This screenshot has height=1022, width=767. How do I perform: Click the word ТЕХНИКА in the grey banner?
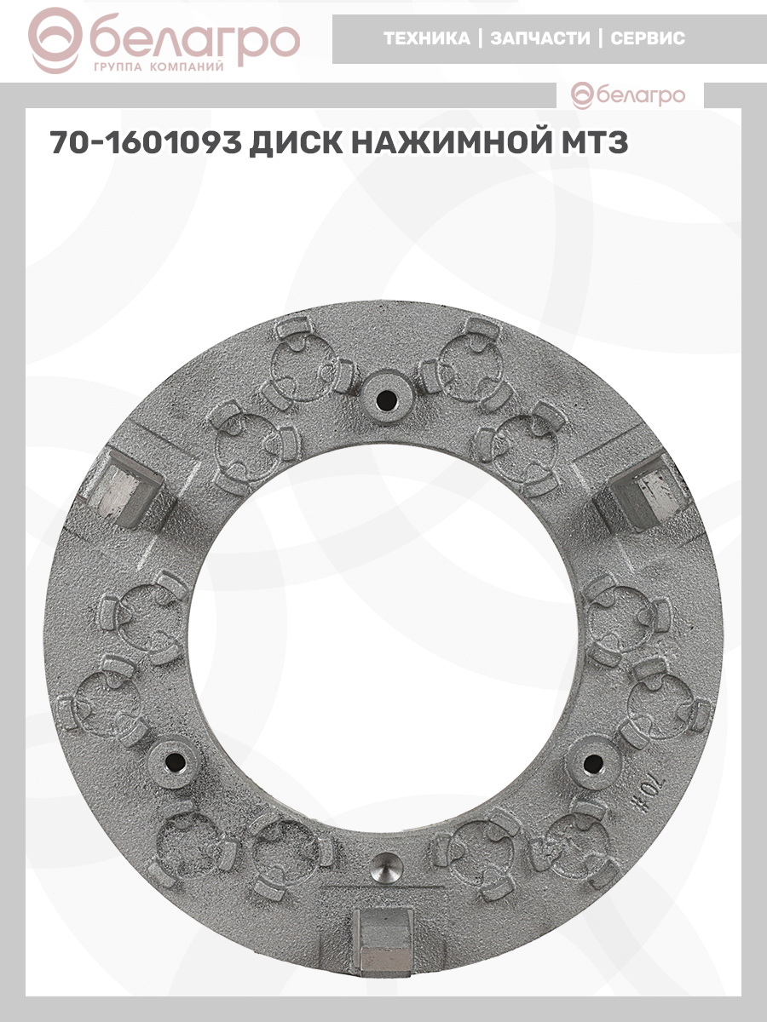pyautogui.click(x=427, y=38)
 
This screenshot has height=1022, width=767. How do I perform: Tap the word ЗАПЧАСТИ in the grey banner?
pyautogui.click(x=540, y=38)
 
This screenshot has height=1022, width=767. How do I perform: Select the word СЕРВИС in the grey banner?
pyautogui.click(x=648, y=38)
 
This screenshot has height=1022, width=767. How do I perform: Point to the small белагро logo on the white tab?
pyautogui.click(x=628, y=95)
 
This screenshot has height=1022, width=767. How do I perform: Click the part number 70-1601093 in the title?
pyautogui.click(x=146, y=142)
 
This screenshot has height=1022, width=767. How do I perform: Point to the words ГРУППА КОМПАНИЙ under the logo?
pyautogui.click(x=159, y=67)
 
